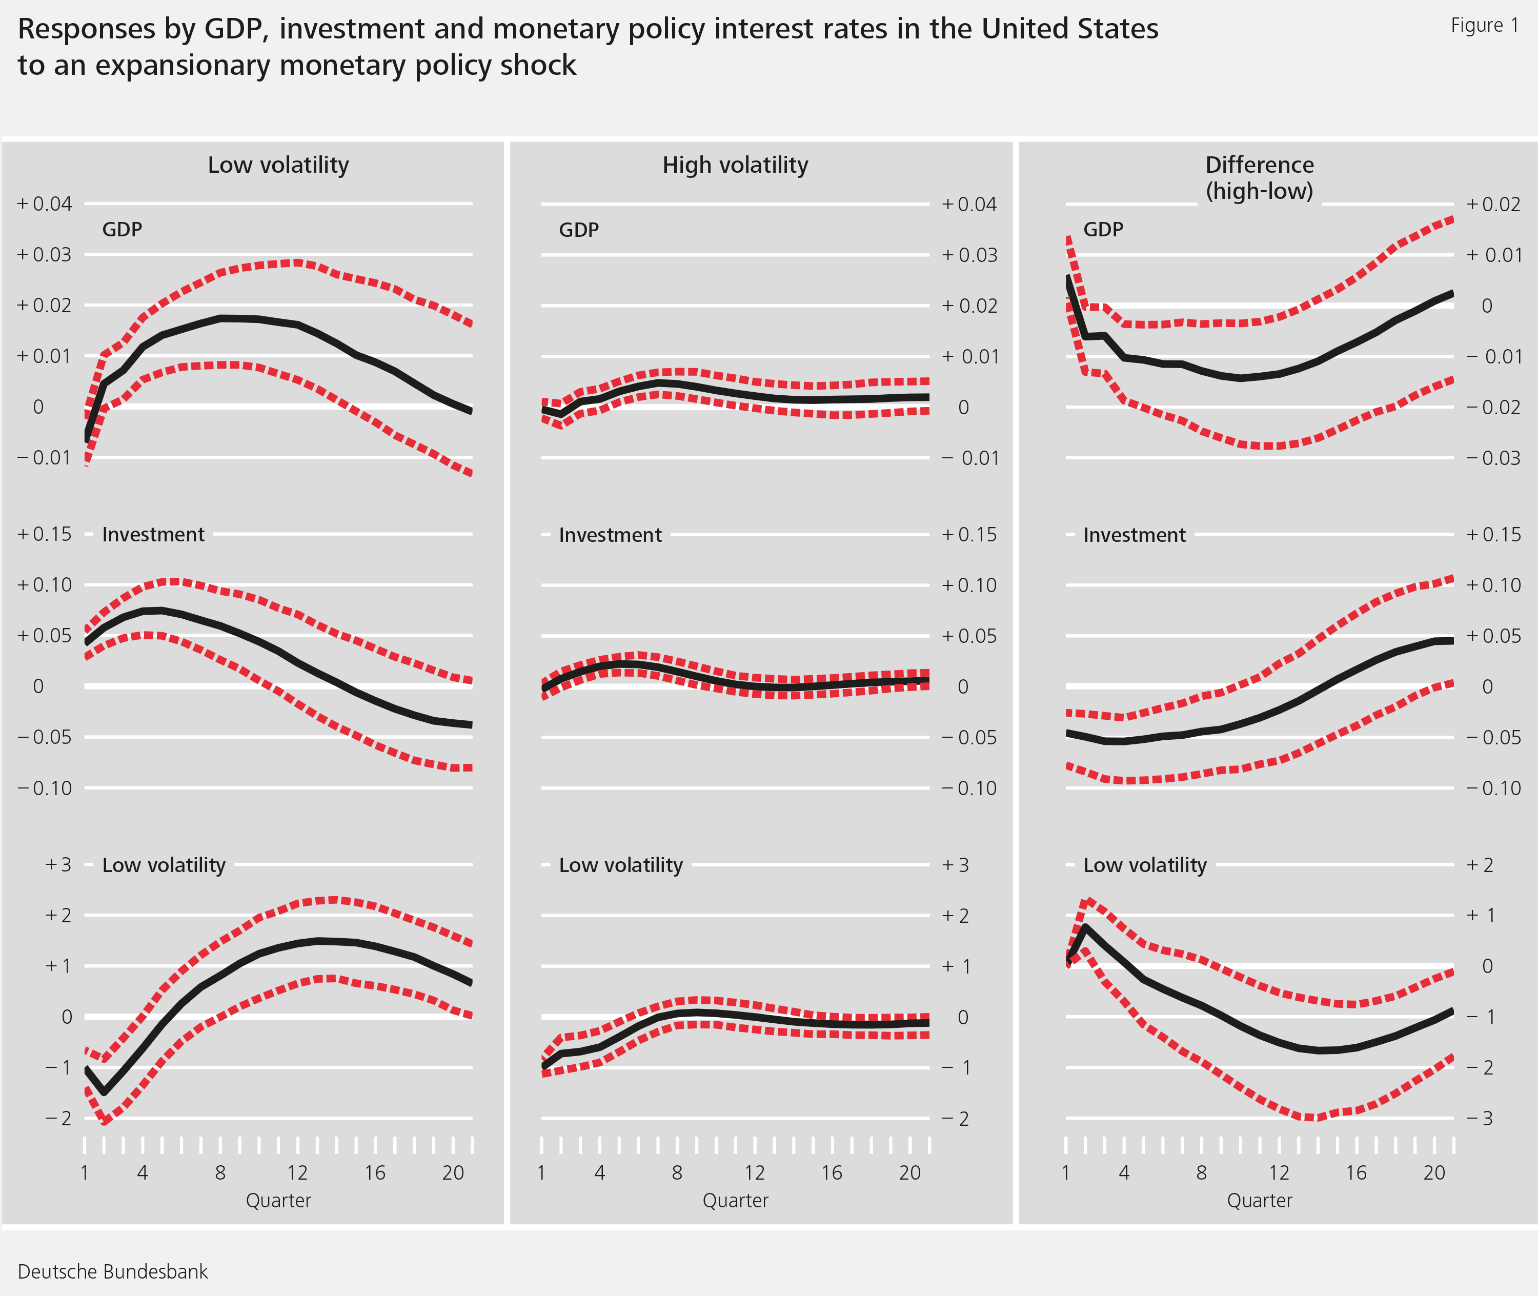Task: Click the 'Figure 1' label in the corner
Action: tap(1484, 26)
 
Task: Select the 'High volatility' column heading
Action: tap(735, 165)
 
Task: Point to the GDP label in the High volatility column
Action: tap(578, 230)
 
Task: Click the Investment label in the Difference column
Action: tap(1134, 535)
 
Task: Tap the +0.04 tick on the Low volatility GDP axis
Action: tap(45, 204)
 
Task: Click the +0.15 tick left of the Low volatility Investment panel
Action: tap(45, 534)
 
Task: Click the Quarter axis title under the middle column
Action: tap(735, 1201)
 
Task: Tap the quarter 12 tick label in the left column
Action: tap(297, 1172)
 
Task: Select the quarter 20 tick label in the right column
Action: tap(1433, 1172)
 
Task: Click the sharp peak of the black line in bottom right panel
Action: tap(1085, 927)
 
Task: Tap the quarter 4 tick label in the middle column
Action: tap(600, 1172)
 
